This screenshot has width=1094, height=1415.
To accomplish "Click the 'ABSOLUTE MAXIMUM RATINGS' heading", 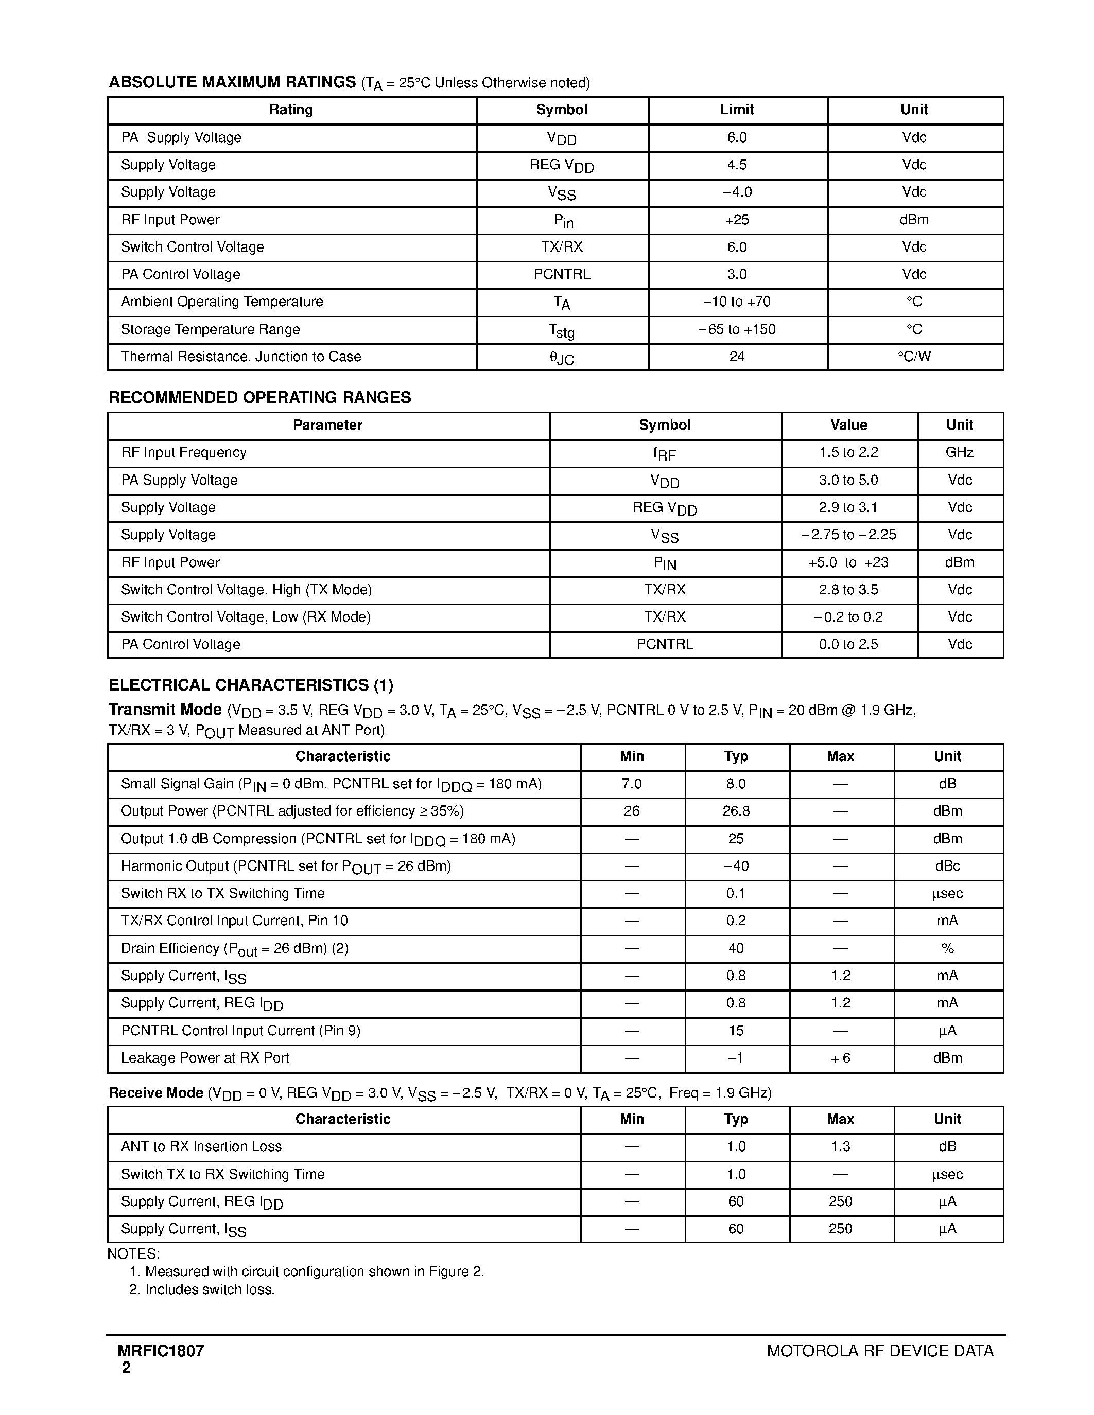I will [x=232, y=82].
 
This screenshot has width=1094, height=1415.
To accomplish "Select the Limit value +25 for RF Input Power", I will [x=737, y=220].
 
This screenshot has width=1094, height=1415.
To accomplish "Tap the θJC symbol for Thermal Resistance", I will [x=561, y=357].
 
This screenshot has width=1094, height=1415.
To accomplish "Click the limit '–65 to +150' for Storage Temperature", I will [x=737, y=329].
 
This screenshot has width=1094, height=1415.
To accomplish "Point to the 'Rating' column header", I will [x=291, y=110].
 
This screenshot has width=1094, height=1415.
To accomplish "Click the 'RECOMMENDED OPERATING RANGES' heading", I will [x=260, y=397].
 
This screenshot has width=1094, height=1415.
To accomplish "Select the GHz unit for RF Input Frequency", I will [x=959, y=452].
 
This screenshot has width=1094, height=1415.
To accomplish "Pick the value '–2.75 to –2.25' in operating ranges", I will [x=848, y=535].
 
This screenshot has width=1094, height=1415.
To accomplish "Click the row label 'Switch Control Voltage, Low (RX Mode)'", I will [x=246, y=617].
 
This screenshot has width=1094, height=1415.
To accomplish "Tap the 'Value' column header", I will [x=848, y=425].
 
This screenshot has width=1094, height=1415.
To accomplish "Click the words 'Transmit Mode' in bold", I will [x=165, y=710].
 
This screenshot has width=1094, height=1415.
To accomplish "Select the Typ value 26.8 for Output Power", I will [x=736, y=811].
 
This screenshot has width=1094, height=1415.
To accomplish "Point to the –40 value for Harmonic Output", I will [x=736, y=865].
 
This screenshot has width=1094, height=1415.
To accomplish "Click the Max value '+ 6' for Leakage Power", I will [x=841, y=1058].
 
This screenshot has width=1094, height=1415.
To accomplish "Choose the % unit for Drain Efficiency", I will [x=947, y=948].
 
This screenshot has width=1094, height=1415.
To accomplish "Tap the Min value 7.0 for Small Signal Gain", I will [x=631, y=784].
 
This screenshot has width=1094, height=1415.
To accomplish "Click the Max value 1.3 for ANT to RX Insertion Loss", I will [x=841, y=1146].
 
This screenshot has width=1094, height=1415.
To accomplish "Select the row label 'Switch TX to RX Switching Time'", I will [x=222, y=1174].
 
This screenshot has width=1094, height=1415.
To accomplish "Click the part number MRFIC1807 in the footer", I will [x=161, y=1351].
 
